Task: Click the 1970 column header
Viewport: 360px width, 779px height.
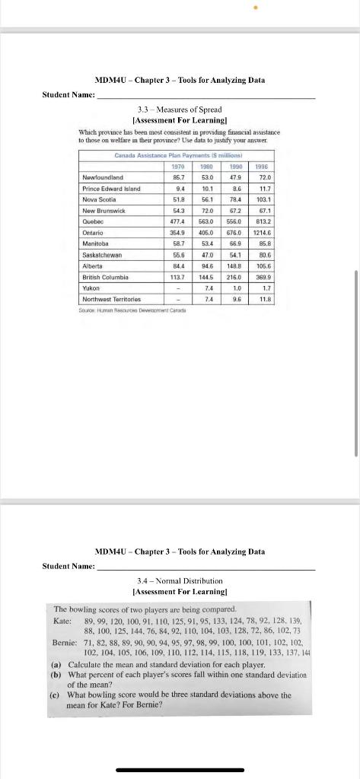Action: (x=177, y=166)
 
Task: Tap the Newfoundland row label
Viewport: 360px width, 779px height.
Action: (x=104, y=176)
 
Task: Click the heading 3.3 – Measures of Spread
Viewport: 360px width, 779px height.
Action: (x=177, y=110)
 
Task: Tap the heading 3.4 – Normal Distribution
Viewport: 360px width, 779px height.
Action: (x=177, y=580)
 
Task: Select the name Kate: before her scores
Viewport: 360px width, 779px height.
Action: (x=62, y=622)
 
